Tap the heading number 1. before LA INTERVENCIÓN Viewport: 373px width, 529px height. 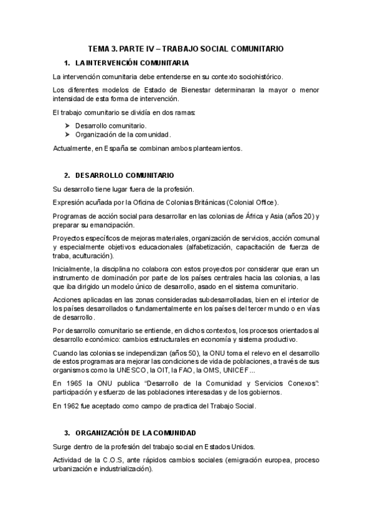click(67, 64)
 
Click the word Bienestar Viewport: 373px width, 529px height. click(179, 90)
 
